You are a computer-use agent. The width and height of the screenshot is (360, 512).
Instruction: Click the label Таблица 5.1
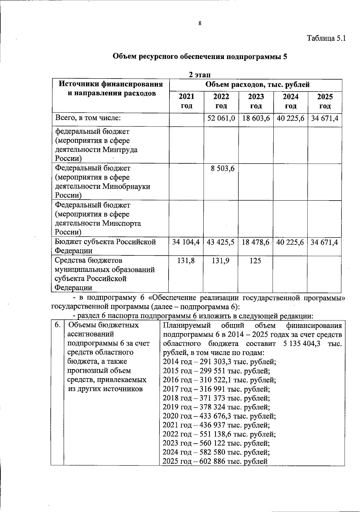click(x=326, y=38)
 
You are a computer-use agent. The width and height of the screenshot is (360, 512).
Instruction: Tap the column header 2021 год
click(x=186, y=101)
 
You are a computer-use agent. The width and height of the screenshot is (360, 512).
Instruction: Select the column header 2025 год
click(x=325, y=101)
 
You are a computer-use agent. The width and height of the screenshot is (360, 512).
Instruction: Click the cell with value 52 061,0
click(x=221, y=118)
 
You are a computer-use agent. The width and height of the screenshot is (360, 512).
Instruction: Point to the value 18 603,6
click(x=256, y=118)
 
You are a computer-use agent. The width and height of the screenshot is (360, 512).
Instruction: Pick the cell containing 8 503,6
click(x=222, y=169)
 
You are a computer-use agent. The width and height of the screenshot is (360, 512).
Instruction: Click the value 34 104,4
click(x=186, y=242)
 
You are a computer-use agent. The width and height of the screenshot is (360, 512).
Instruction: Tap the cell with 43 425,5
click(x=220, y=242)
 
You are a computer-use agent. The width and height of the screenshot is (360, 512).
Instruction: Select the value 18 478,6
click(x=256, y=242)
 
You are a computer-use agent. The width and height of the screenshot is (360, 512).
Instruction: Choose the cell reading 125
click(x=255, y=261)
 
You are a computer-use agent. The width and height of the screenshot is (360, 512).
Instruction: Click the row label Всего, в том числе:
click(x=88, y=118)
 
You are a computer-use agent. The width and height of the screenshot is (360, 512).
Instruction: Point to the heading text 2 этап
click(x=199, y=74)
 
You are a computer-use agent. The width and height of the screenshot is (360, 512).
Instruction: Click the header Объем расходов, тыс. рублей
click(x=257, y=85)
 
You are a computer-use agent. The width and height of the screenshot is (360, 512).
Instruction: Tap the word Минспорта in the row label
click(x=122, y=223)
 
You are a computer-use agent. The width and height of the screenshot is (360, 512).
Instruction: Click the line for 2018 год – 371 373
click(x=216, y=398)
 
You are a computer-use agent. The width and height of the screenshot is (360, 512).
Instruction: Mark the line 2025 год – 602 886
click(x=215, y=461)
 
